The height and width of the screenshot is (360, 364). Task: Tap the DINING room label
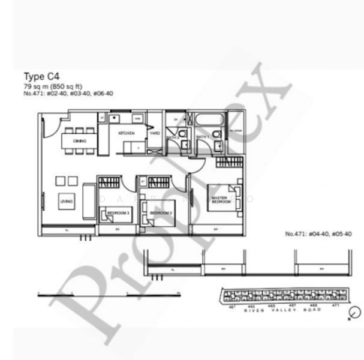point(79,141)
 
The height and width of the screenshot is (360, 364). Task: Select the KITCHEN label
point(126,133)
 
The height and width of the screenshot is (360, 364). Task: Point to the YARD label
point(155,133)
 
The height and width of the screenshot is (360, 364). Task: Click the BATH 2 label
point(173,137)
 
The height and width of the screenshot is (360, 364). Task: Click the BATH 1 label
point(202,137)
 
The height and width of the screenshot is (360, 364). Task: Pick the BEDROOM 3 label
point(119,213)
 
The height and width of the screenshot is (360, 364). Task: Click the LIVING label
point(66,202)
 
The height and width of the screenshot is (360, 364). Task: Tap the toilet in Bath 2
point(182,133)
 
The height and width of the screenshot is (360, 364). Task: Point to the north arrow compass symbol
point(355,313)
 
